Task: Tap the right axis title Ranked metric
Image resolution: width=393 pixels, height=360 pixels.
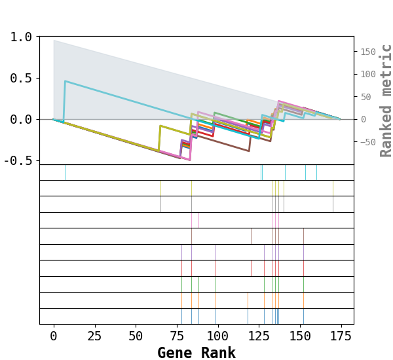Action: [386, 100]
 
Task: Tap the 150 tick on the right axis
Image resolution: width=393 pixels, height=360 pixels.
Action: [368, 52]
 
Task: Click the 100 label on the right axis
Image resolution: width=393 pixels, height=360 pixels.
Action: [368, 74]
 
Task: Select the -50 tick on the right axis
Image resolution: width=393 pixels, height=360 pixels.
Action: [368, 142]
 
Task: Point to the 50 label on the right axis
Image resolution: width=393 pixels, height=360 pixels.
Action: [365, 97]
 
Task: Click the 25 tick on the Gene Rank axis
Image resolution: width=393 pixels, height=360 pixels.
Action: [94, 336]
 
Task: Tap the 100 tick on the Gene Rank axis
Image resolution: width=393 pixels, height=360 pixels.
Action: [217, 336]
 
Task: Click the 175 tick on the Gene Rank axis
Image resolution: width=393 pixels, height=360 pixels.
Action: [340, 336]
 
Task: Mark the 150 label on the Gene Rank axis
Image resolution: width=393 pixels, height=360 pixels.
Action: [299, 336]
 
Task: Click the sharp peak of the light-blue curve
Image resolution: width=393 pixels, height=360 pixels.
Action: [65, 81]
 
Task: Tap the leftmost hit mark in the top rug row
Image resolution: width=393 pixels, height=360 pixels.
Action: [65, 172]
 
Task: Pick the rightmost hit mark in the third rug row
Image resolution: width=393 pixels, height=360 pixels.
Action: [333, 204]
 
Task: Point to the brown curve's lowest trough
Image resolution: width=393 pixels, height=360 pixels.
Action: [249, 151]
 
